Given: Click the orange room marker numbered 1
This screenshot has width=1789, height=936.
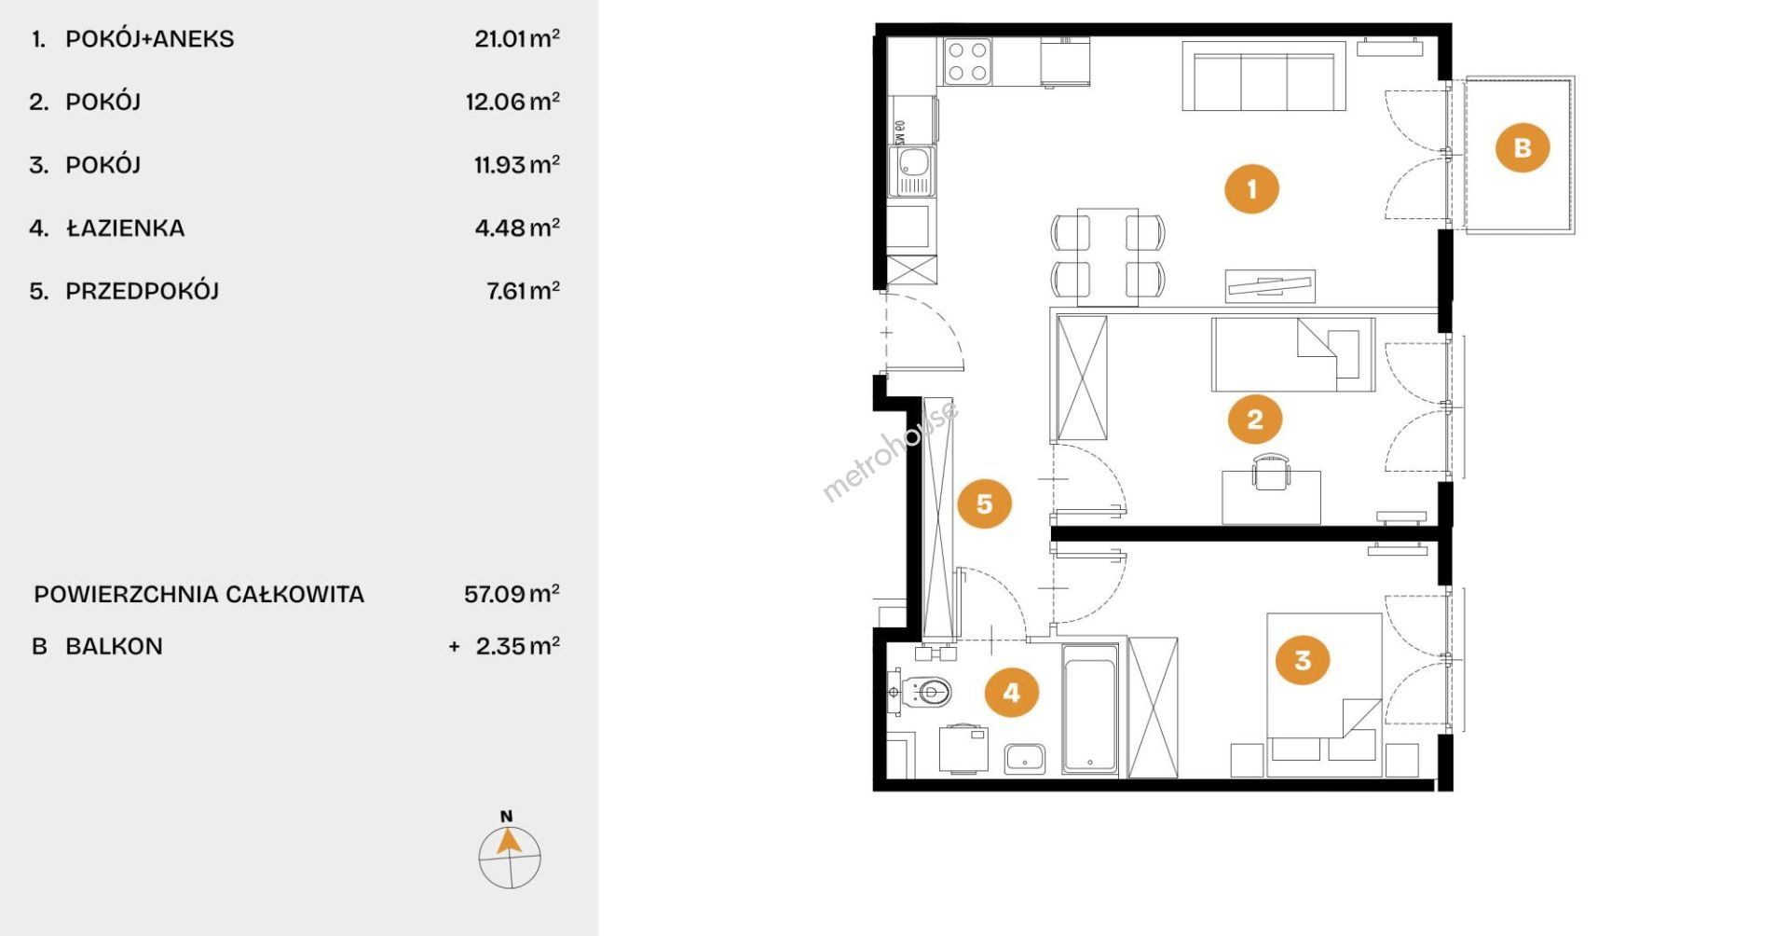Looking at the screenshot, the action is pyautogui.click(x=1251, y=188).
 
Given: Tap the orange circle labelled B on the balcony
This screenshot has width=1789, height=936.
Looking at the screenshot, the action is pyautogui.click(x=1523, y=147).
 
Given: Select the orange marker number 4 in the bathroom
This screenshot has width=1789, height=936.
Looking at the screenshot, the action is pyautogui.click(x=1011, y=692).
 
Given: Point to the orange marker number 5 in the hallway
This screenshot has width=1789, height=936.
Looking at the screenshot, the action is pyautogui.click(x=984, y=503).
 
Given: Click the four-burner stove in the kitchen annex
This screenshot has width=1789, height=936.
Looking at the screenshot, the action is pyautogui.click(x=967, y=62).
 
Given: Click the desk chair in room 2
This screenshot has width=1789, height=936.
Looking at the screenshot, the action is pyautogui.click(x=1272, y=471).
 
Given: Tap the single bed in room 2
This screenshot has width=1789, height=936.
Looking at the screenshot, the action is pyautogui.click(x=1293, y=354).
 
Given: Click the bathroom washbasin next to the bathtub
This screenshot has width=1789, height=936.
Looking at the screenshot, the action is pyautogui.click(x=1025, y=759).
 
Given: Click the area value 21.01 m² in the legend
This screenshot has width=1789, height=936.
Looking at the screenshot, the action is pyautogui.click(x=517, y=38).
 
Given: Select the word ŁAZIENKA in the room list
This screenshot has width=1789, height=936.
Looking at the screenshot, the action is pyautogui.click(x=125, y=227).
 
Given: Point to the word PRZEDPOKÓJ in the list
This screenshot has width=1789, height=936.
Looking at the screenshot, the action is pyautogui.click(x=142, y=291).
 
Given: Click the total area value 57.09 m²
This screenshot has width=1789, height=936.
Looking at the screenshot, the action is pyautogui.click(x=512, y=593).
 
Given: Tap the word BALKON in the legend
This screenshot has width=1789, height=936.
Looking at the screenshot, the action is pyautogui.click(x=114, y=646).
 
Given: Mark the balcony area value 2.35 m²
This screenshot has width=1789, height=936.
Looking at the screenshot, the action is pyautogui.click(x=518, y=645).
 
